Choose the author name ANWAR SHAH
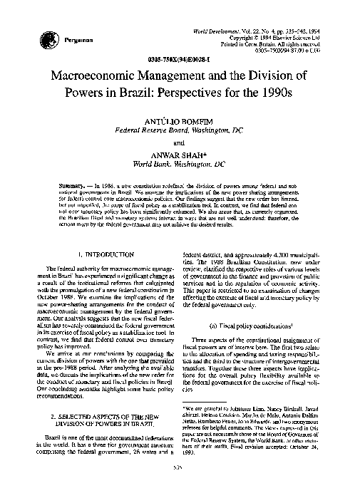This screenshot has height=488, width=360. [x=180, y=155]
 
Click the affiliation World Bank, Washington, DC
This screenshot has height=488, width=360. [x=180, y=165]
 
